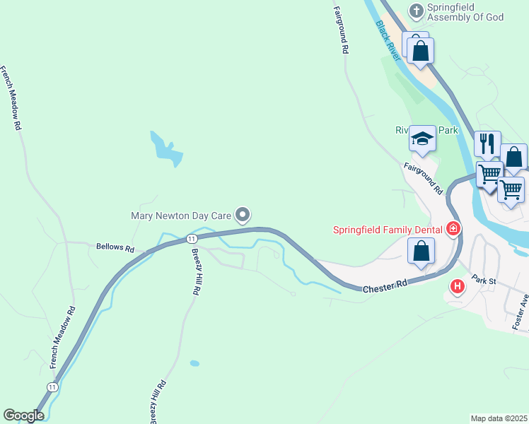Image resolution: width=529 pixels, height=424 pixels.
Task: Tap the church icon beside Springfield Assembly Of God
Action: tap(417, 11)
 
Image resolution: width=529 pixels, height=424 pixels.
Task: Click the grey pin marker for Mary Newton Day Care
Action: tap(243, 213)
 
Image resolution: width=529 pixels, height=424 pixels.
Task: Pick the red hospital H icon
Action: tap(458, 286)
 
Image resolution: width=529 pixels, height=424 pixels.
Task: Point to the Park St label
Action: tap(486, 281)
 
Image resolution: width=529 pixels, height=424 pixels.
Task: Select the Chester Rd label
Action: tap(385, 286)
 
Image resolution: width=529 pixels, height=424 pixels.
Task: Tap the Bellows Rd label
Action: tap(115, 248)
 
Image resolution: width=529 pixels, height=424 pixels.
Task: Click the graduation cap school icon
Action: tap(422, 138)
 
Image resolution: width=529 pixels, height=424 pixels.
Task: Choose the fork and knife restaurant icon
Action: tap(487, 143)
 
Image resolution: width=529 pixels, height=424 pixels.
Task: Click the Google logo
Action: tap(23, 416)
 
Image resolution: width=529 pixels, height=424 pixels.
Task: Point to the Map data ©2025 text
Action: tap(498, 418)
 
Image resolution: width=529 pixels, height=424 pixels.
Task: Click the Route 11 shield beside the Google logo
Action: tap(52, 387)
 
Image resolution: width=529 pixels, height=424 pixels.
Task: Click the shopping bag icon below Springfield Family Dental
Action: tap(422, 251)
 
